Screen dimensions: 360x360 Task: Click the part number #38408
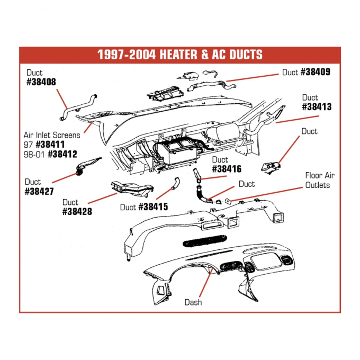click(41, 82)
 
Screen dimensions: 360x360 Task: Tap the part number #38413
click(317, 106)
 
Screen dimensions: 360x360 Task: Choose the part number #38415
click(153, 207)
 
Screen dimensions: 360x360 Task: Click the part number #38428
click(78, 211)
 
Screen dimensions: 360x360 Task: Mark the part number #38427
click(40, 191)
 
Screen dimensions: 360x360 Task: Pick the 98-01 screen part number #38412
click(62, 154)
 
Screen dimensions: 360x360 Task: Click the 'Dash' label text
click(193, 302)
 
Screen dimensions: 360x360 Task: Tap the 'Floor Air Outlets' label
click(319, 180)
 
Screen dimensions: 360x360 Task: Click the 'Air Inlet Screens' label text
click(52, 135)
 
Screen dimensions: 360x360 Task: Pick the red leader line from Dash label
click(203, 283)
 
